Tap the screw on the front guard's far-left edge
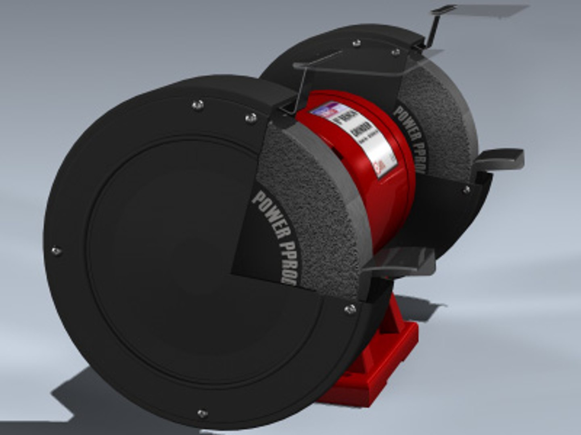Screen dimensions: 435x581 click(x=56, y=251)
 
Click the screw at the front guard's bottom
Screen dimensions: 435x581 click(x=202, y=413)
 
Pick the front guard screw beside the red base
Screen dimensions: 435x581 click(x=350, y=309)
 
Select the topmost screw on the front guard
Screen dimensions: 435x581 click(x=197, y=105)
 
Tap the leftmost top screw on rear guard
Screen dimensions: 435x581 click(x=356, y=43)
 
